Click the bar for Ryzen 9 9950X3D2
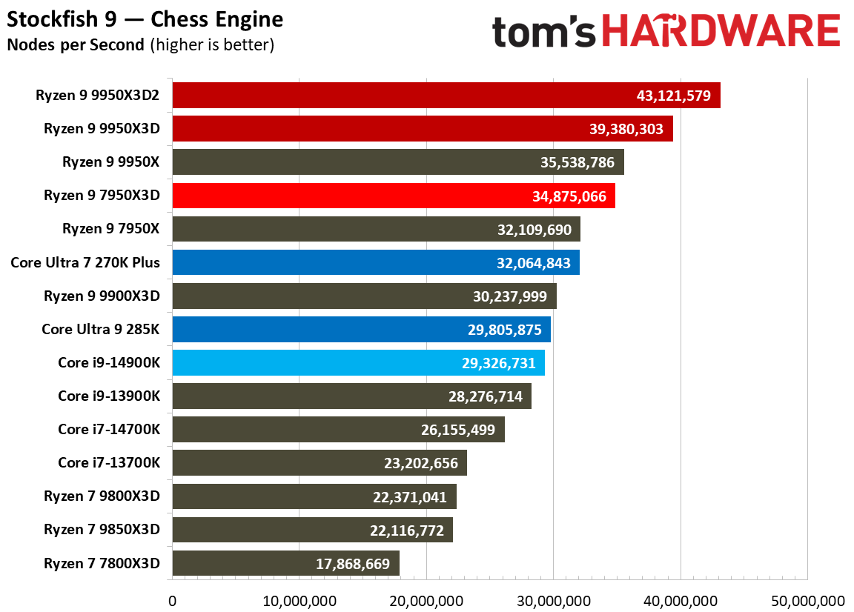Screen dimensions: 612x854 tap(445, 95)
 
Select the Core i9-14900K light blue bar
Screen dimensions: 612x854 tap(358, 362)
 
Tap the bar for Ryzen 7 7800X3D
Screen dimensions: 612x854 tap(285, 563)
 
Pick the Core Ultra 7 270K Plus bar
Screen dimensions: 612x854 tap(375, 262)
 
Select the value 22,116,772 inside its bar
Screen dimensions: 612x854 tap(406, 530)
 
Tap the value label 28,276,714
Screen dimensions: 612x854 tap(485, 396)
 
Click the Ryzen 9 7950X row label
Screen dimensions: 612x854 tap(110, 229)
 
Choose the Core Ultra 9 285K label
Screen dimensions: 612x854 tap(101, 329)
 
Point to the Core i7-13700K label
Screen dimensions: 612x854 tap(109, 463)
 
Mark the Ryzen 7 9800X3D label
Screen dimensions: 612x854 tap(102, 496)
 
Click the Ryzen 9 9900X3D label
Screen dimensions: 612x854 tap(102, 296)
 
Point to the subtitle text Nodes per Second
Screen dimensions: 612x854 tap(76, 44)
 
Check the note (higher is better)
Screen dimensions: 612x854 tap(212, 44)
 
